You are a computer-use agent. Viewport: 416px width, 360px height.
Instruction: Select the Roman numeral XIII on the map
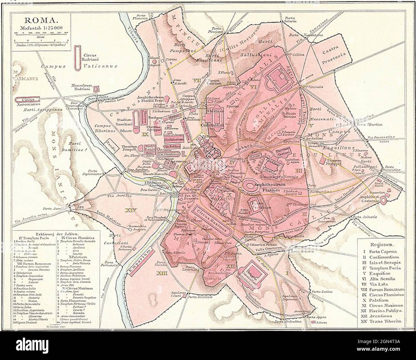(x=162, y=273)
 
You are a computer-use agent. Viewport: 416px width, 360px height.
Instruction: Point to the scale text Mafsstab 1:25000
(x=40, y=28)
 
